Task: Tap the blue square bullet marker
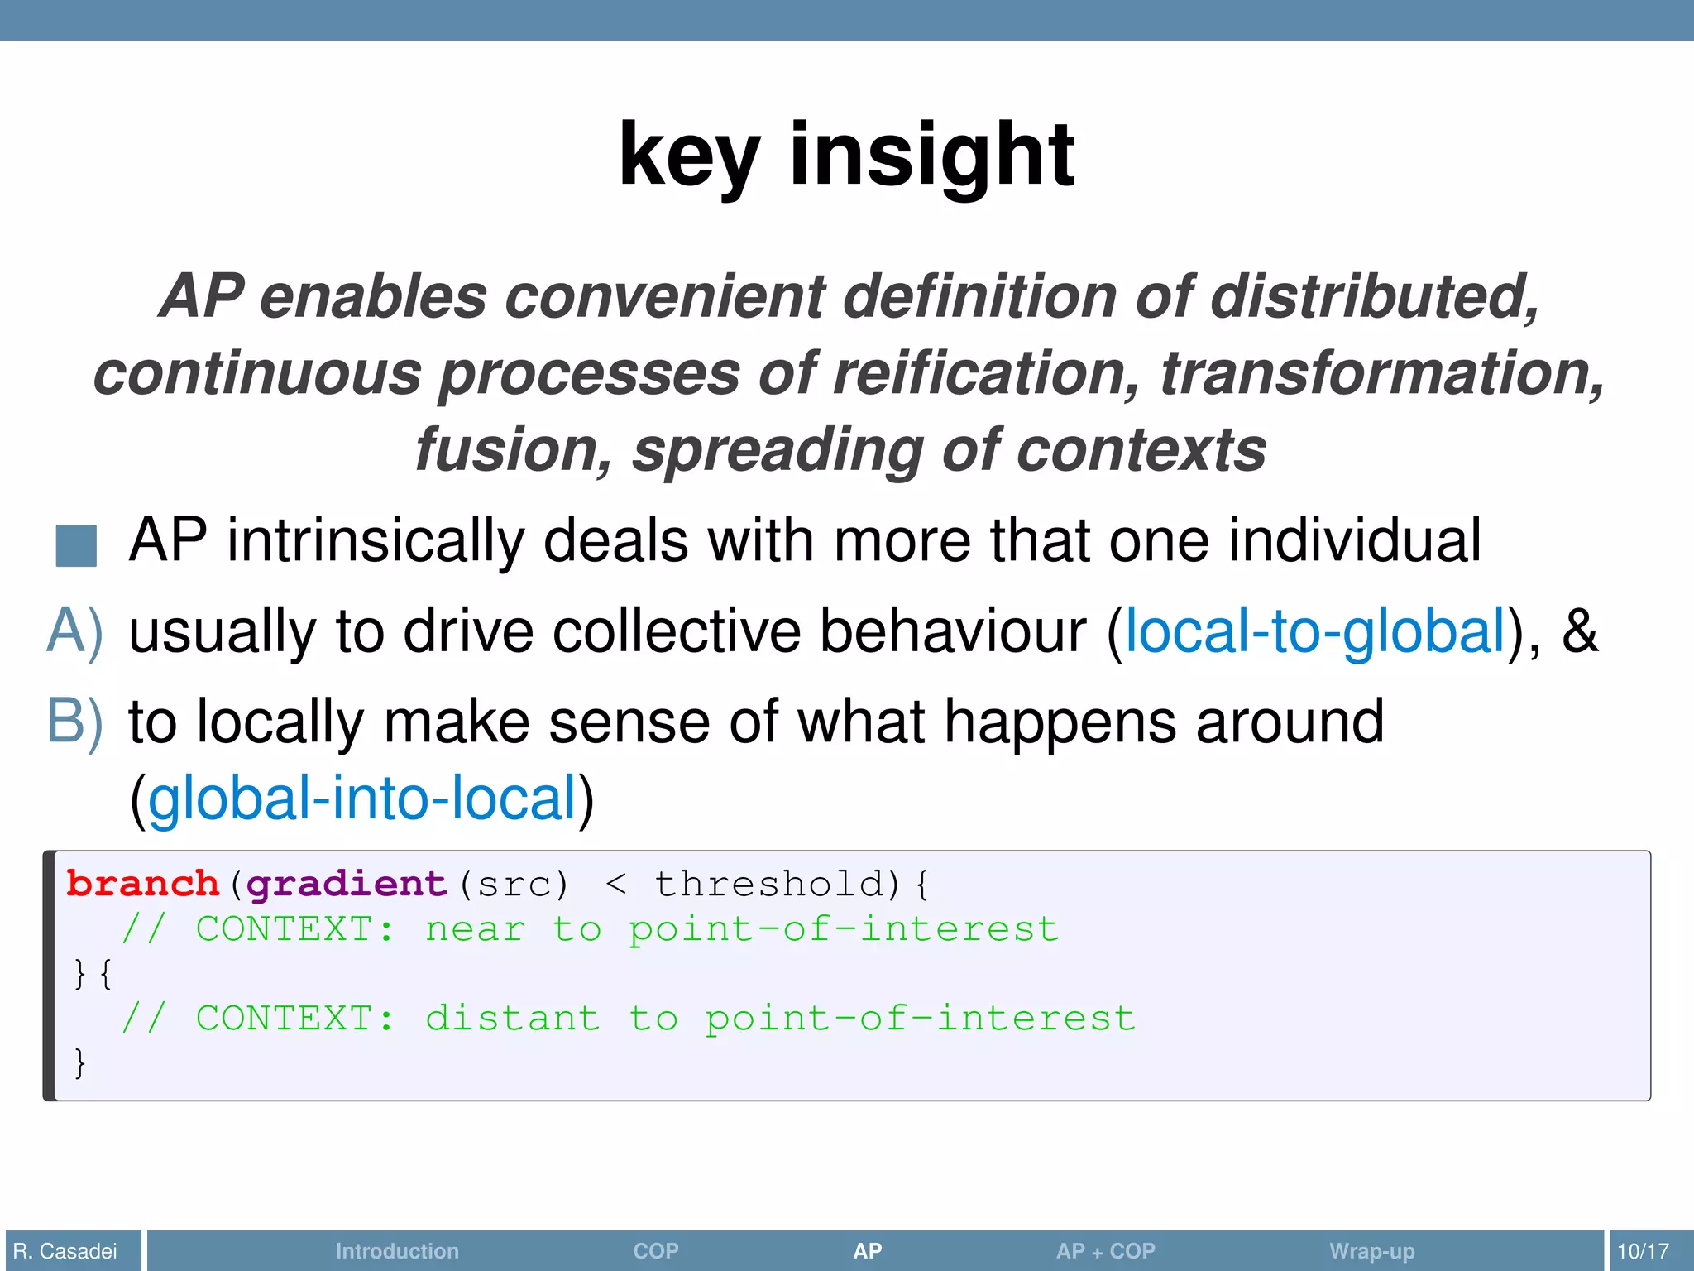[76, 545]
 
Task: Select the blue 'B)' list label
[74, 722]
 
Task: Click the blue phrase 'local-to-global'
[1315, 631]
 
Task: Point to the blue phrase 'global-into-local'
[362, 799]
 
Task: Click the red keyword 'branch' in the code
[142, 885]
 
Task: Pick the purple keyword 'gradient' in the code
[347, 885]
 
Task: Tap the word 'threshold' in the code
[770, 885]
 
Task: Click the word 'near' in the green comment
[475, 929]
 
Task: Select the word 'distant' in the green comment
[513, 1019]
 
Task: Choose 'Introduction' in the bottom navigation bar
[397, 1251]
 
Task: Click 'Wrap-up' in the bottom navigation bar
[1371, 1251]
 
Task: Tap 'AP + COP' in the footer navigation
[1105, 1251]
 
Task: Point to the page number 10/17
[1643, 1251]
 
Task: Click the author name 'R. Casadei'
[65, 1251]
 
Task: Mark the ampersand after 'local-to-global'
[1579, 631]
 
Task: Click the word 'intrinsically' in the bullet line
[376, 541]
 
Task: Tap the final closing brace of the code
[79, 1063]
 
